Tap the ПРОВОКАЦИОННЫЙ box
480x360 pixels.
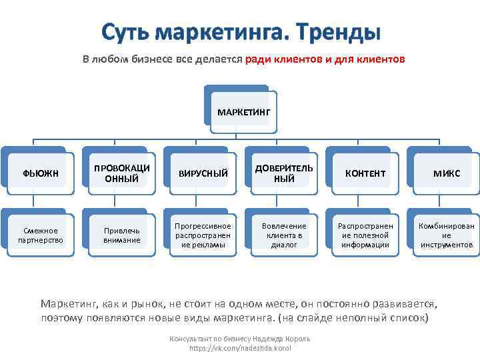[121, 173]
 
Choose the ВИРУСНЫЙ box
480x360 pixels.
[203, 173]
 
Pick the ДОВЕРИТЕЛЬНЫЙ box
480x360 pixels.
[284, 173]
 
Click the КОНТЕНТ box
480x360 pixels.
[365, 173]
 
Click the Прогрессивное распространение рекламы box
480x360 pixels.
[203, 235]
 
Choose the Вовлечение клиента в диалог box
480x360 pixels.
[284, 235]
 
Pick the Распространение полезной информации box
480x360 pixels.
[365, 235]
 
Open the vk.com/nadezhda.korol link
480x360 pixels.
[240, 348]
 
